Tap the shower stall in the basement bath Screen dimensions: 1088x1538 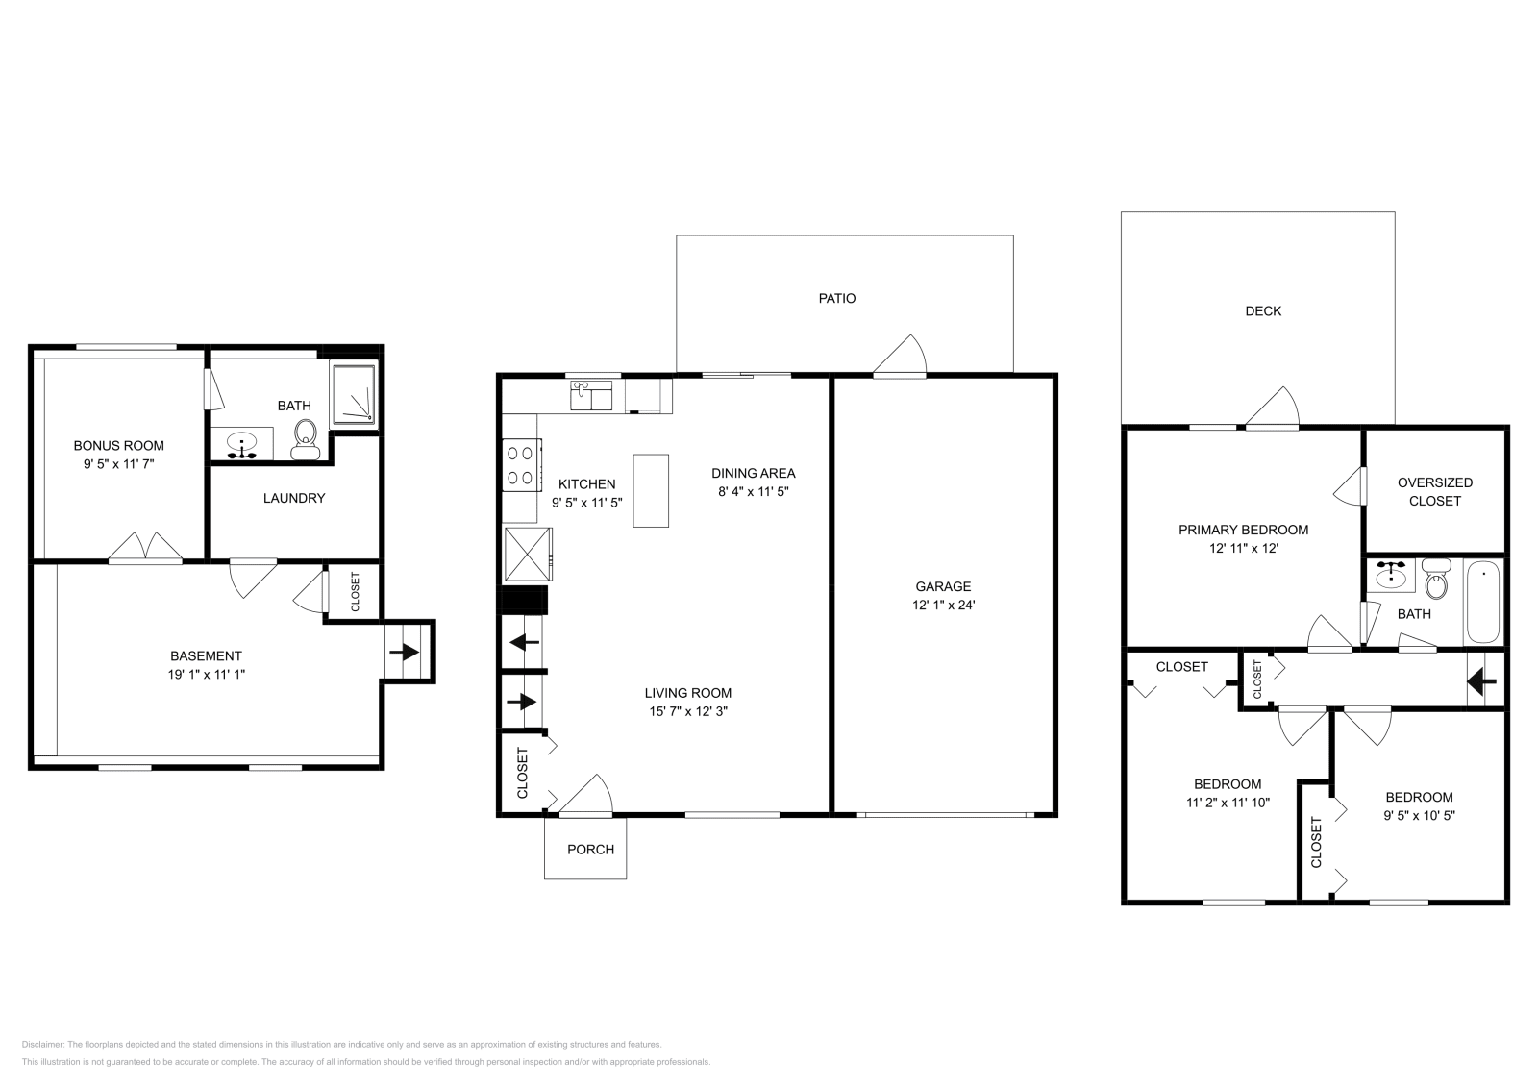point(355,394)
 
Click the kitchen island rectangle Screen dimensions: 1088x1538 point(651,490)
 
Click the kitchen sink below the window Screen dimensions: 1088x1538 point(591,395)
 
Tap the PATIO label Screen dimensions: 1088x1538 point(836,298)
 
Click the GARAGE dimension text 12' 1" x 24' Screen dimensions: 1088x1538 point(943,605)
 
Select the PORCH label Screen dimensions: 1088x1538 point(590,849)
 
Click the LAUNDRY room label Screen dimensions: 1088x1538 point(294,498)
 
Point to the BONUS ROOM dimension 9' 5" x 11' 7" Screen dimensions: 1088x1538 point(118,463)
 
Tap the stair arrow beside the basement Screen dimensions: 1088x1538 point(405,653)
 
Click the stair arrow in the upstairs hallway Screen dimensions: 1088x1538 point(1481,682)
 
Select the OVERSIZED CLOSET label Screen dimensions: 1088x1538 point(1434,491)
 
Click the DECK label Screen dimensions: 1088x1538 point(1262,310)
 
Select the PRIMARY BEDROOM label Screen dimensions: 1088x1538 point(1243,530)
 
